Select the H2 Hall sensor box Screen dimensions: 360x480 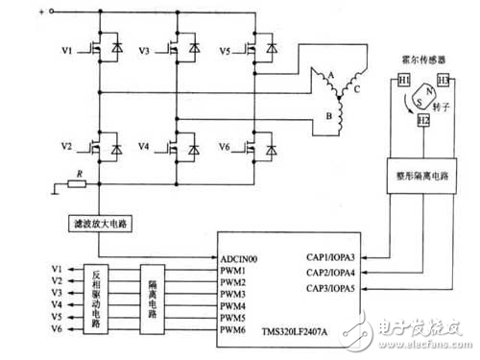[x=422, y=121]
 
